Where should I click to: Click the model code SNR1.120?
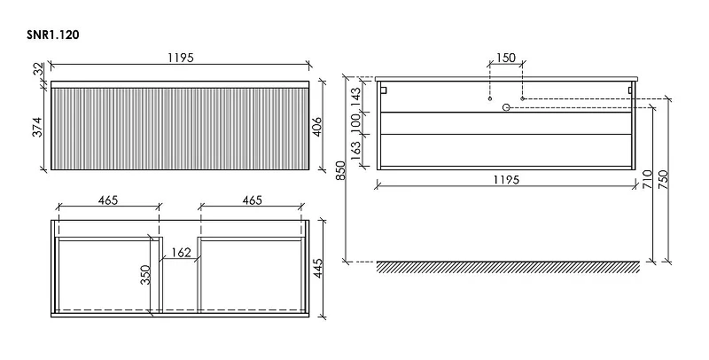coord(53,35)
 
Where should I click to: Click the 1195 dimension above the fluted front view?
coord(181,58)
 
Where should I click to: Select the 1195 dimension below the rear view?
coord(506,179)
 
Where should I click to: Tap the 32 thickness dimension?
coord(39,69)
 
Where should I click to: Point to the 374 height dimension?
coord(38,127)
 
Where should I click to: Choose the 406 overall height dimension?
coord(318,127)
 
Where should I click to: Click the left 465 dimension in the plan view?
coord(108,200)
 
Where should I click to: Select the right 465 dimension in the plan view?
coord(252,200)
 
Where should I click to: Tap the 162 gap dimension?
coord(182,253)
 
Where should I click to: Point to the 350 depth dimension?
coord(145,275)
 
